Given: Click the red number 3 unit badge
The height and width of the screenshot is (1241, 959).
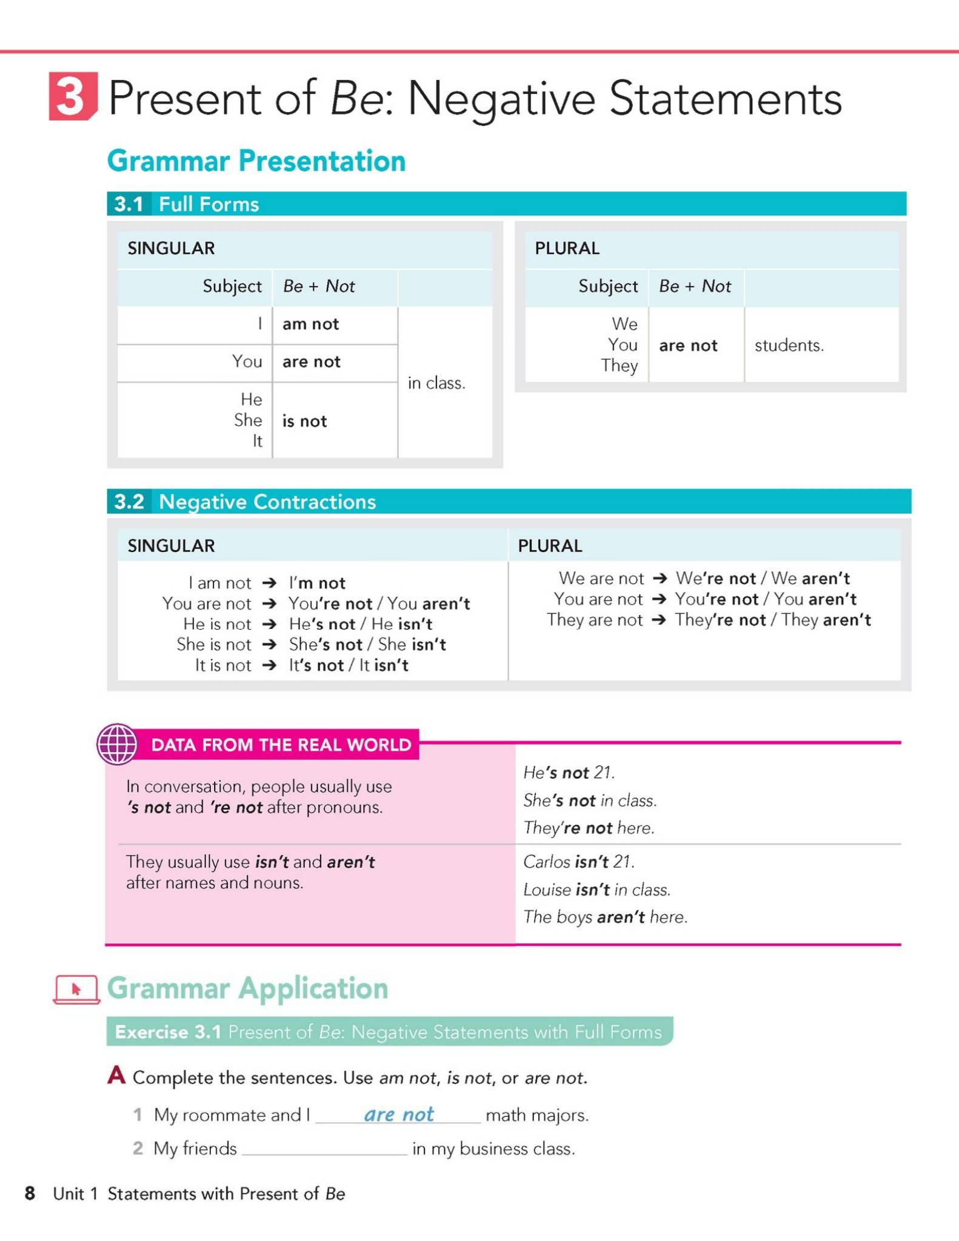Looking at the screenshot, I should point(72,96).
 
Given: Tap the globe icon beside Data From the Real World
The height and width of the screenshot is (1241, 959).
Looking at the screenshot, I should point(117,744).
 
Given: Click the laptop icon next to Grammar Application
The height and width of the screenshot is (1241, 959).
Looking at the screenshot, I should point(76,989).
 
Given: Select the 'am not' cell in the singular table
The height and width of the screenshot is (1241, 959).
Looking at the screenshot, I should point(310,324).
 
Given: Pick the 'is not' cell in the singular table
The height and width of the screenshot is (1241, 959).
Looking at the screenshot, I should point(304,421).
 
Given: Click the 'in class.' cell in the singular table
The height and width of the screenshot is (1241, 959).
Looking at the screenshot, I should point(436,383).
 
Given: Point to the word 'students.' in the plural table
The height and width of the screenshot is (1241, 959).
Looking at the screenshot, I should point(789,345).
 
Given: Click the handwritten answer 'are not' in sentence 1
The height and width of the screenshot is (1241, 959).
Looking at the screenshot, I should point(399,1114).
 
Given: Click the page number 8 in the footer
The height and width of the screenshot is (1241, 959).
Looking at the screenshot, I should point(30,1193).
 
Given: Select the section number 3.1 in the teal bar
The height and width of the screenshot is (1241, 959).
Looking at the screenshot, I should point(129,204).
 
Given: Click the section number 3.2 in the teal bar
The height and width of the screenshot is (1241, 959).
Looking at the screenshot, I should point(129,502).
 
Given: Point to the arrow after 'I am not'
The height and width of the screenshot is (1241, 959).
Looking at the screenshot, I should point(269,583).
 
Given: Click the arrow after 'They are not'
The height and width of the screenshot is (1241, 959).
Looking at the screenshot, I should point(659,620).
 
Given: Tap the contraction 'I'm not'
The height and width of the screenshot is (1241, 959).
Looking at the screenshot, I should point(317,583).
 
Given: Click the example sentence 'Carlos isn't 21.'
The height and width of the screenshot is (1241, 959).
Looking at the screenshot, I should point(578,861).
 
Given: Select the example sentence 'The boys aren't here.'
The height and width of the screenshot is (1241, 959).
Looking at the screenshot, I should point(605,917).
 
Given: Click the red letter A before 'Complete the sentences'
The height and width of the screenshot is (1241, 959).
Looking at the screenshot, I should point(116,1076).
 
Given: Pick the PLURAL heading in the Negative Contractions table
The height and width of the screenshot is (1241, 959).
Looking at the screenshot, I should point(550,546).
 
